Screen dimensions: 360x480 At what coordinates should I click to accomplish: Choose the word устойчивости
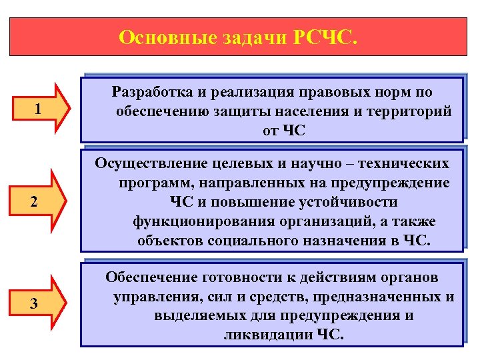353,202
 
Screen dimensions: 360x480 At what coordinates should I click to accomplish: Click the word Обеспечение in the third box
151,277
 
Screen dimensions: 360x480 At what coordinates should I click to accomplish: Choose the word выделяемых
199,315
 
